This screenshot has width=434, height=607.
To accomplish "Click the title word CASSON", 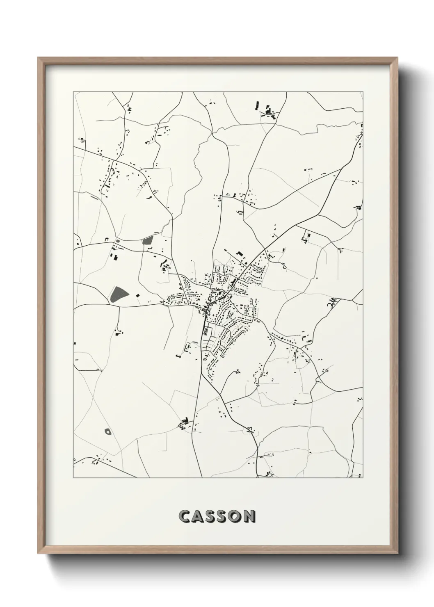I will pyautogui.click(x=217, y=516).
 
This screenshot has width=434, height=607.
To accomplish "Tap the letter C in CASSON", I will pyautogui.click(x=185, y=516).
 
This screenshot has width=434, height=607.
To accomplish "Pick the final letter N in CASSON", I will pyautogui.click(x=249, y=516).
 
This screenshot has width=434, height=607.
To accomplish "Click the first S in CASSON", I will pyautogui.click(x=210, y=516).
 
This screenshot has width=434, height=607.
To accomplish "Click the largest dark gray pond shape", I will pyautogui.click(x=118, y=294).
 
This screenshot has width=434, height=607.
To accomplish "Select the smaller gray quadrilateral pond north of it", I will pyautogui.click(x=147, y=241).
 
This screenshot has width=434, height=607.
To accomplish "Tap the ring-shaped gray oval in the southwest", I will pyautogui.click(x=108, y=431).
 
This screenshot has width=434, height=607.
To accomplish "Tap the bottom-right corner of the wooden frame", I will pyautogui.click(x=398, y=552).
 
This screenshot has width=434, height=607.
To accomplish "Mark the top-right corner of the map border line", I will pyautogui.click(x=363, y=92).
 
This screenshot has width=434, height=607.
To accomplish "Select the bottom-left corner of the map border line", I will pyautogui.click(x=73, y=478).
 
